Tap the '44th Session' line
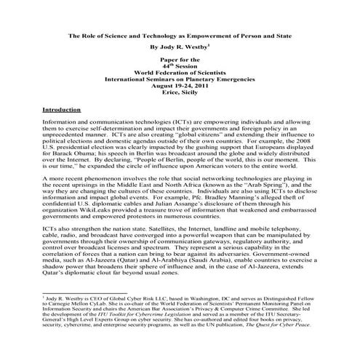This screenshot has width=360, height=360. click(180, 65)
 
